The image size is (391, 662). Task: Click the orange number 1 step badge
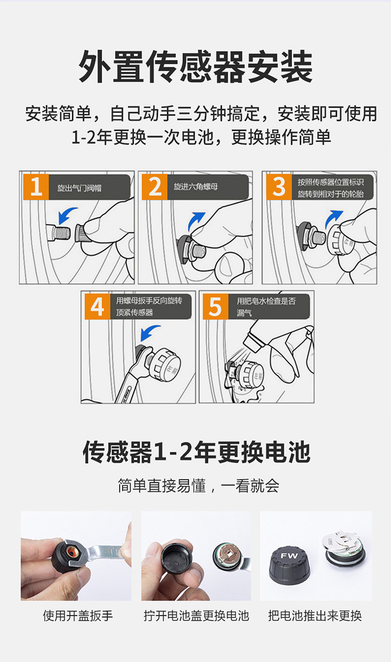coord(36,187)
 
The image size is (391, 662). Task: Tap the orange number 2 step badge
coord(155,187)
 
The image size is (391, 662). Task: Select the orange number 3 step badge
coord(279,187)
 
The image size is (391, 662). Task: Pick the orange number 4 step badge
coord(98,306)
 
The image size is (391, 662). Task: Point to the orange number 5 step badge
coord(216,306)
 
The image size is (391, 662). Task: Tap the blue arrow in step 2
coord(195,221)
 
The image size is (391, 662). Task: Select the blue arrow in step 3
coord(333,219)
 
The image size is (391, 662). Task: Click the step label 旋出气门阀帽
coord(80,188)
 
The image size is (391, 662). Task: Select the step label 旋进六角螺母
coord(196,187)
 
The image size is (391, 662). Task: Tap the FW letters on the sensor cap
coord(289,556)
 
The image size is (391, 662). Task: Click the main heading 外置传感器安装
coord(195,66)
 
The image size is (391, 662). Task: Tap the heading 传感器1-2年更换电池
coord(196,452)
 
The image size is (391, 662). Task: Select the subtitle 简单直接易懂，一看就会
coord(198,486)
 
